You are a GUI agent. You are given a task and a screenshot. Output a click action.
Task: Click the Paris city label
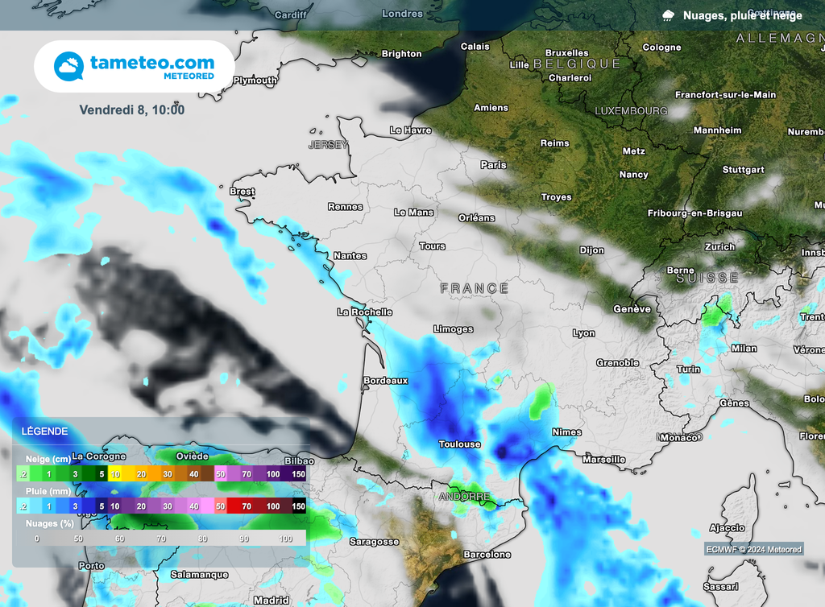coord(493,164)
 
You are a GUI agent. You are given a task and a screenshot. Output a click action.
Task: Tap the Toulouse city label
coord(459,444)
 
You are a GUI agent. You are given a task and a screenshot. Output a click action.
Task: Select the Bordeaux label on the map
coord(386,380)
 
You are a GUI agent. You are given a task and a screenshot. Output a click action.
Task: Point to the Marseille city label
coord(603,459)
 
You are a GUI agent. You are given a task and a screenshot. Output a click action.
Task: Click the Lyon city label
coord(583,332)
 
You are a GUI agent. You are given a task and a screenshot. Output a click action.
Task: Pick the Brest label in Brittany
coord(242,192)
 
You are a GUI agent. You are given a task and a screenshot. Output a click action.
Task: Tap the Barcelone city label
coord(487,554)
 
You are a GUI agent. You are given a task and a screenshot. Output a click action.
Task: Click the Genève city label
coord(632,308)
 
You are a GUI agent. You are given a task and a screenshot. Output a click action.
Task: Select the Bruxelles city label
coord(566,53)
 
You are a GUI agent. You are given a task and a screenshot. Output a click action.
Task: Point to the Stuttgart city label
coord(743,170)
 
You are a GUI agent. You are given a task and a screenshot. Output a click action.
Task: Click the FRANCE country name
coord(475,287)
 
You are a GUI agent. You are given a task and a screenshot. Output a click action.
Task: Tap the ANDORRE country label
coord(465,497)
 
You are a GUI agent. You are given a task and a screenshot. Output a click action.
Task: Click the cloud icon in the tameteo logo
coord(69,66)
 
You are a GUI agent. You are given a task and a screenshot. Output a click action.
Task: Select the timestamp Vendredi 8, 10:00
coord(132,109)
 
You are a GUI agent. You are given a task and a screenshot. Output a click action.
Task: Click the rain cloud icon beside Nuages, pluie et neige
coord(669,15)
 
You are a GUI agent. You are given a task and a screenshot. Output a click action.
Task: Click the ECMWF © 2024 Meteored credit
coord(753,549)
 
